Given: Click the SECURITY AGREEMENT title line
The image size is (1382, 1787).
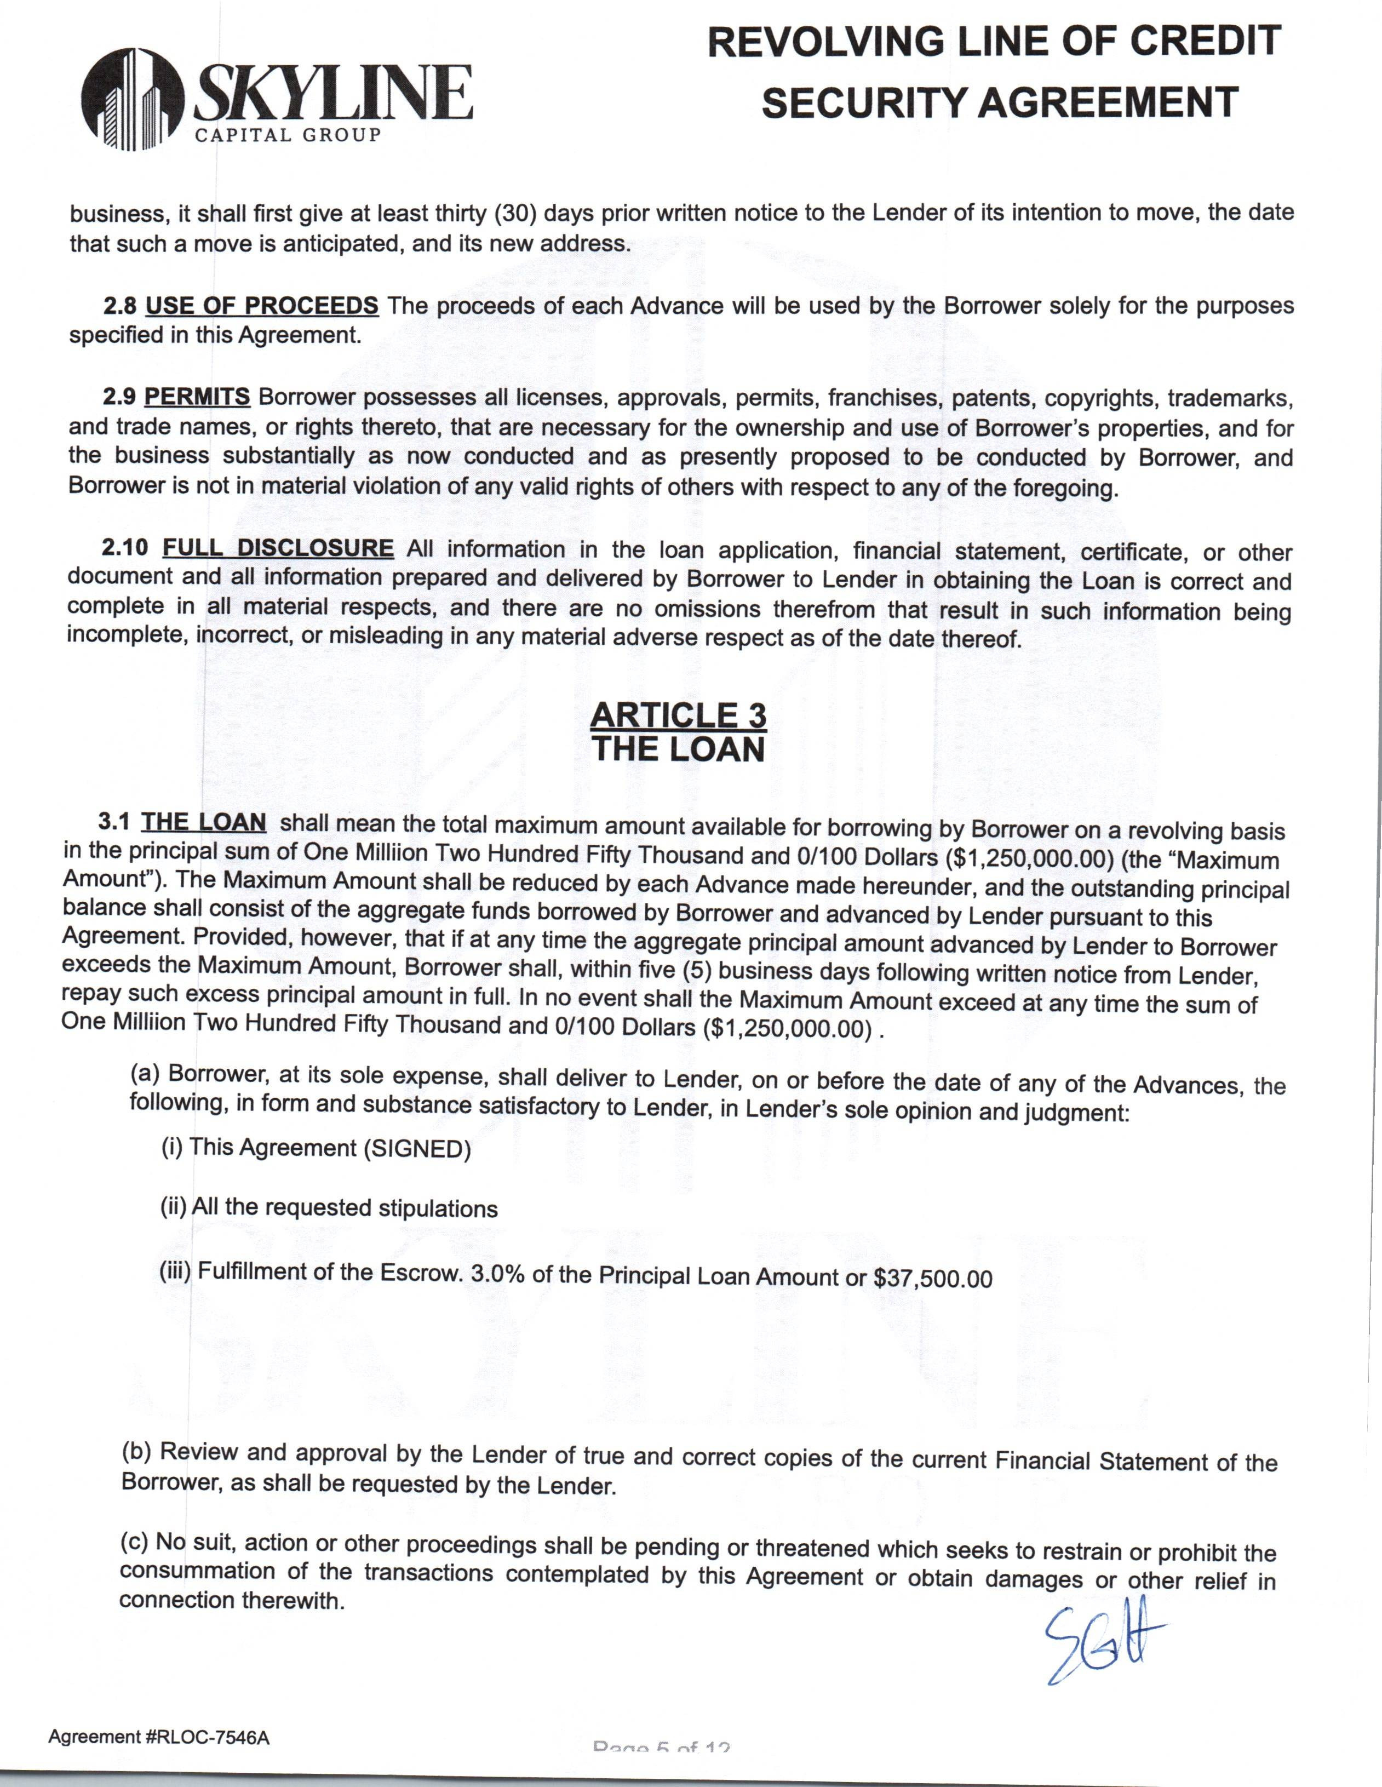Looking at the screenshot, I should pos(999,103).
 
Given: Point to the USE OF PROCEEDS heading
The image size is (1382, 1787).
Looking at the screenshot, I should pos(262,306).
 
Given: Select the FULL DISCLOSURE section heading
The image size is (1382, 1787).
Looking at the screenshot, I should pos(278,548).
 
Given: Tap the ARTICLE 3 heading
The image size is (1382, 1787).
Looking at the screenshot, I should pos(678,715).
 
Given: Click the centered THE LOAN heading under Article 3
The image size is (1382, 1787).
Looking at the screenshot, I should pos(678,749).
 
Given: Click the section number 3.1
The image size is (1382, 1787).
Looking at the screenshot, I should pos(114,822).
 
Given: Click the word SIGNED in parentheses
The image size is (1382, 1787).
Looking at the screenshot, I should pos(416,1149).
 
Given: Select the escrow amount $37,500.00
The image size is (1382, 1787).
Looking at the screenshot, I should pos(933,1279).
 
